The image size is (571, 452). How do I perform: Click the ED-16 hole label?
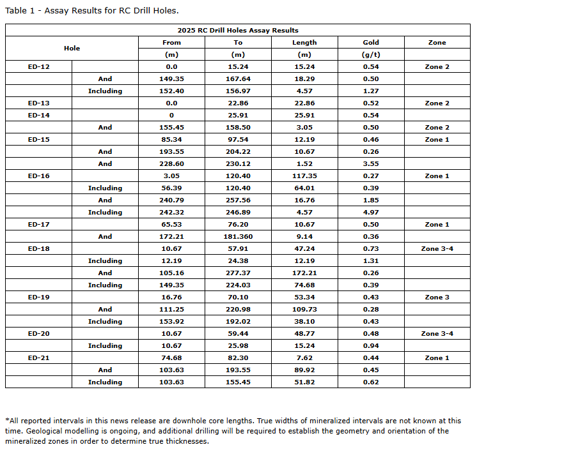(38, 176)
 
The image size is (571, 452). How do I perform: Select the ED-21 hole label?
(38, 358)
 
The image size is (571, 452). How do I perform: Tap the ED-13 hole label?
(38, 103)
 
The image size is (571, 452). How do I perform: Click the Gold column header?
(371, 42)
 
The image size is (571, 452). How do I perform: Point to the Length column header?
(304, 42)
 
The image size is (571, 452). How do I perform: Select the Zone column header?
(437, 42)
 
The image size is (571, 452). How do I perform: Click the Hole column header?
(72, 48)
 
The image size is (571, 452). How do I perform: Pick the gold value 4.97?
(371, 212)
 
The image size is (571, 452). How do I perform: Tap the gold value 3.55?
(371, 163)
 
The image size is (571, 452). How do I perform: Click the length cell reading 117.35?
(304, 176)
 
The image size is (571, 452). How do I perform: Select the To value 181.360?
(238, 236)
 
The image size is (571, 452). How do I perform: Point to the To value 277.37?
(238, 273)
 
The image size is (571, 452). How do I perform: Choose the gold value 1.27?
(371, 91)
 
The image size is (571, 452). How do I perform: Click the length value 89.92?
(304, 370)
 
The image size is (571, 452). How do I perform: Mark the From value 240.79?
(171, 200)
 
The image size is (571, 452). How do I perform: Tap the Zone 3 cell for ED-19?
(437, 297)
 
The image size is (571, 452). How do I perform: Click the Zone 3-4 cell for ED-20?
(437, 333)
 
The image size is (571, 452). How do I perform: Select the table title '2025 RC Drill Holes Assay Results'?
(238, 30)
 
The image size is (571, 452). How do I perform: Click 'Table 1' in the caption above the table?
(20, 10)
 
